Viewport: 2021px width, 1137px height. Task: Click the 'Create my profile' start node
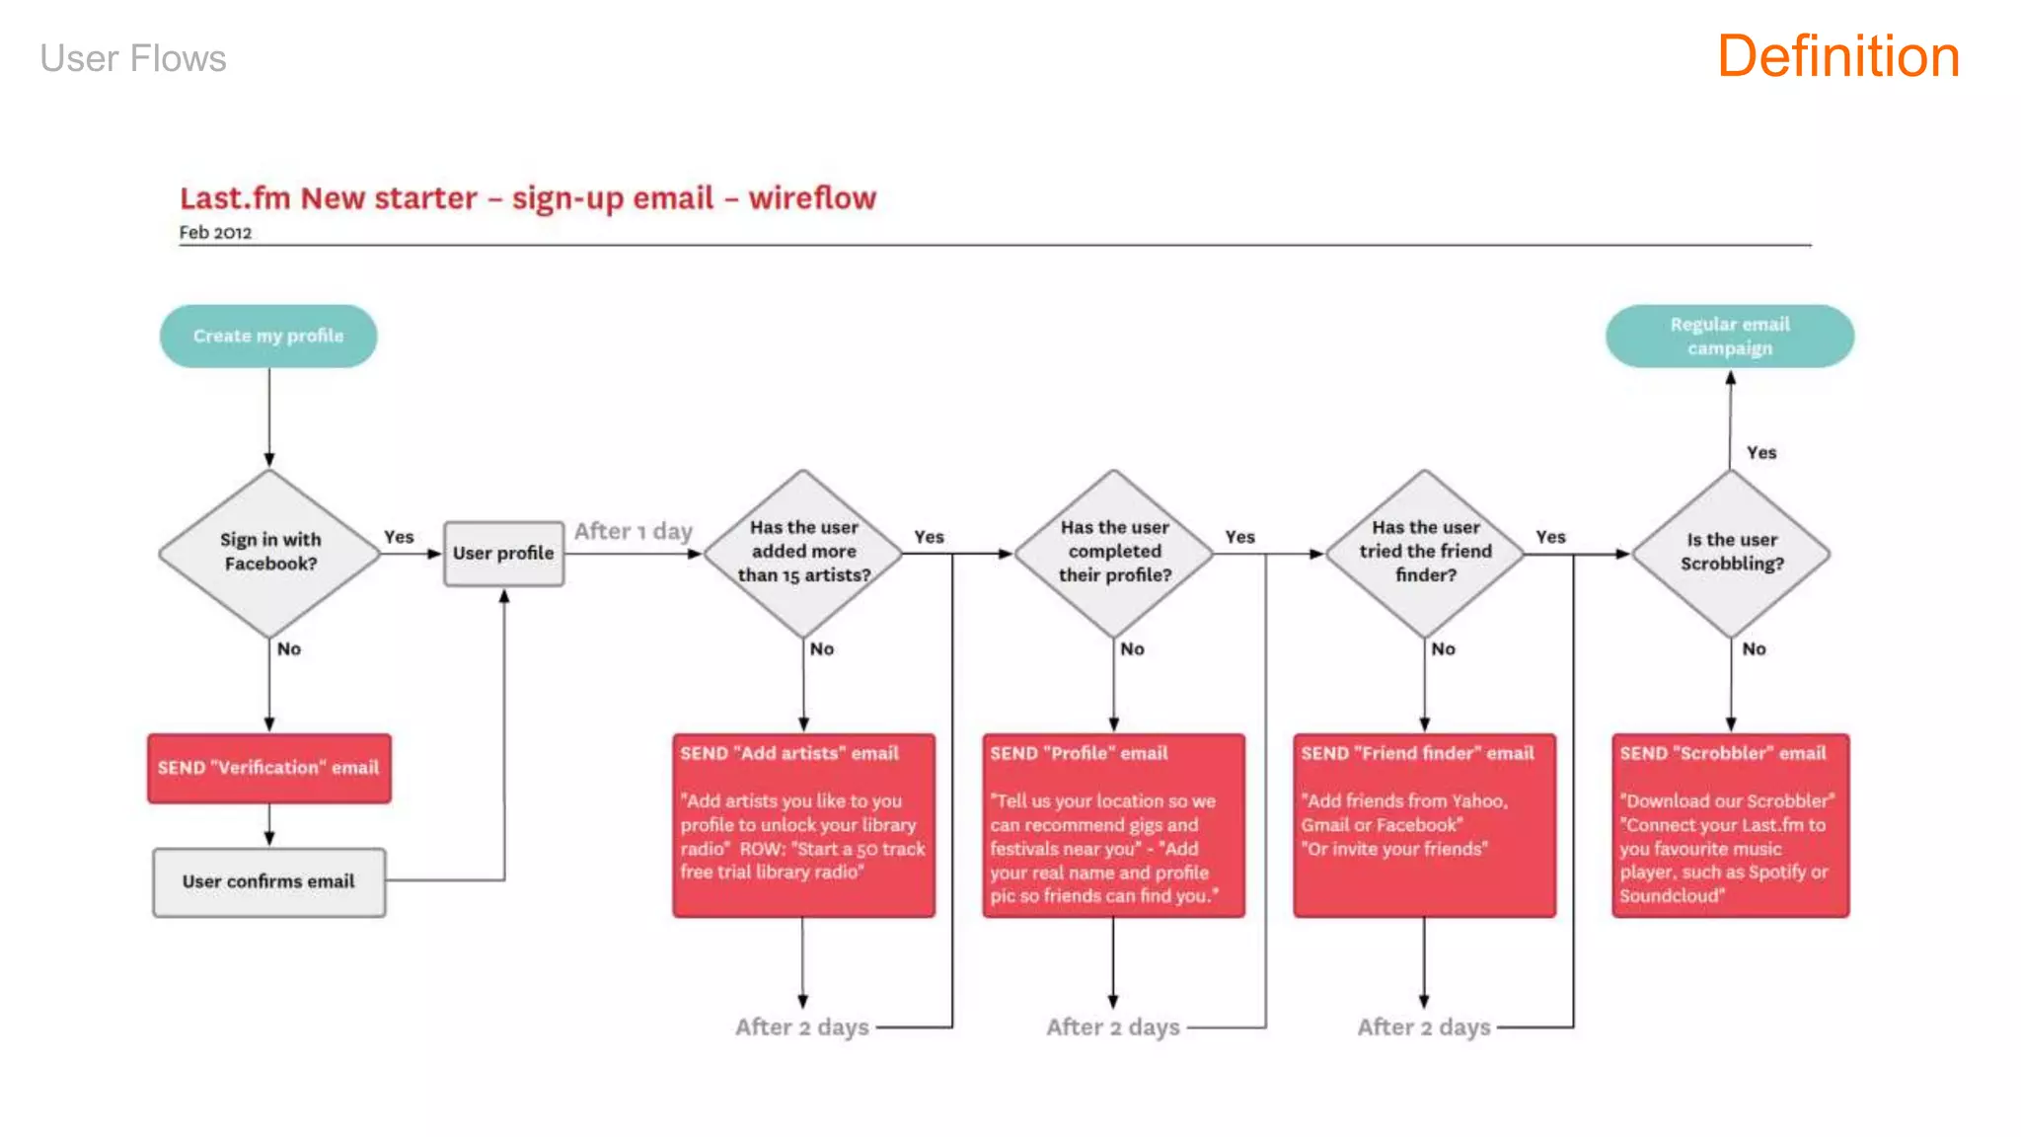click(268, 337)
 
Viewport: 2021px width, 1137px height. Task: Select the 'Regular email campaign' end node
click(1729, 337)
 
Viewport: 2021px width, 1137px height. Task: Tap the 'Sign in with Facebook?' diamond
click(269, 553)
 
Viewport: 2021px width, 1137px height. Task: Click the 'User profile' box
click(503, 554)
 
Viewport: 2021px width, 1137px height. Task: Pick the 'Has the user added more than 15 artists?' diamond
click(803, 553)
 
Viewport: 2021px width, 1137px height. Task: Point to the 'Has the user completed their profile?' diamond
click(1114, 553)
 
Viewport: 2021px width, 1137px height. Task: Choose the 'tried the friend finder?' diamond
click(1425, 553)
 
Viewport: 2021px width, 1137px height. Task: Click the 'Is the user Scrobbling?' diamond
click(1731, 553)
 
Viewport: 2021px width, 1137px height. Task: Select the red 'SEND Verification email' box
click(268, 768)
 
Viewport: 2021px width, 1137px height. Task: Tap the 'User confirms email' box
click(268, 881)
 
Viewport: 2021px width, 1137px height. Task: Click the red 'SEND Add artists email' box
click(803, 825)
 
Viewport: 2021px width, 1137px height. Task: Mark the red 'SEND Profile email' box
click(1113, 825)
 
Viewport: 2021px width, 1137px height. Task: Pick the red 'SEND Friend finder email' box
click(1424, 825)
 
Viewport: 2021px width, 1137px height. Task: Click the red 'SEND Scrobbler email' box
click(1730, 825)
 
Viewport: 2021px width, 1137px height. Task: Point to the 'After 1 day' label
click(633, 532)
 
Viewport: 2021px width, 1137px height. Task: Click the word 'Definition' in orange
click(1837, 57)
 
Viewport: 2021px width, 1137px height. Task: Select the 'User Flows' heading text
click(133, 59)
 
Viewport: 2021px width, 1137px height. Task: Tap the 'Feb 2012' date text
click(215, 233)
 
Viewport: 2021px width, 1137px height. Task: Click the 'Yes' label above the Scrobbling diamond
click(1761, 453)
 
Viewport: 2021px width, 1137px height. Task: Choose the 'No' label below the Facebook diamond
click(289, 649)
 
